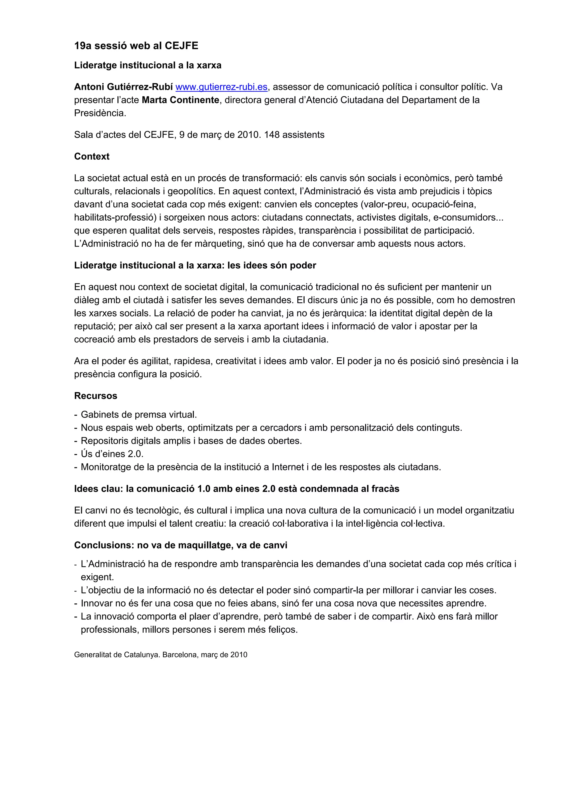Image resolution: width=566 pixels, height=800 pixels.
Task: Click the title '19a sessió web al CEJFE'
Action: click(136, 46)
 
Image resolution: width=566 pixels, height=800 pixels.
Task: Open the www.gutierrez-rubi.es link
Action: click(221, 87)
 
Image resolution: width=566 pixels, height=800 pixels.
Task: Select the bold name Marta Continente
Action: click(180, 100)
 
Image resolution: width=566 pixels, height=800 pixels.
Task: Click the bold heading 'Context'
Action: click(92, 157)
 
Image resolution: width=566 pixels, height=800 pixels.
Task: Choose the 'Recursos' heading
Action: click(96, 396)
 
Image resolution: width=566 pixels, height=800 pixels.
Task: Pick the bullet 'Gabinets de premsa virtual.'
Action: click(139, 414)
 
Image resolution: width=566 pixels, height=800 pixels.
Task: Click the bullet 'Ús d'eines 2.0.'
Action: click(112, 454)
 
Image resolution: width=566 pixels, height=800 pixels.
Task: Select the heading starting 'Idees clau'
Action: click(237, 489)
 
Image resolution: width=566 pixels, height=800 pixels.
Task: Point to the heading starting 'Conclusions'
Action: click(181, 545)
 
